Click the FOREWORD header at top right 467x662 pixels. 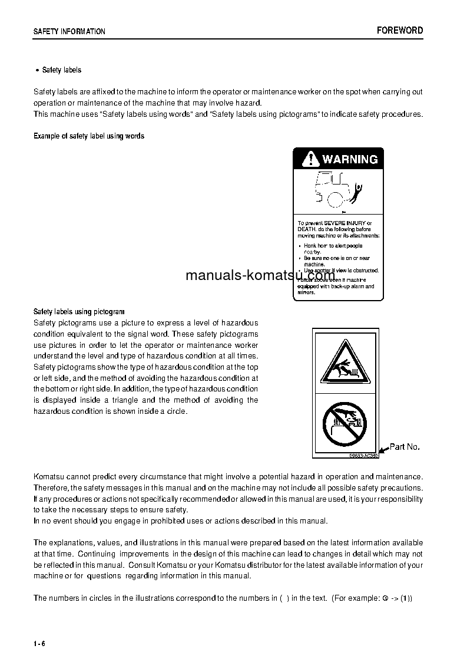400,31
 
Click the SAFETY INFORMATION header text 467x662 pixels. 69,32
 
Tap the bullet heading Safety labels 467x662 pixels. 61,70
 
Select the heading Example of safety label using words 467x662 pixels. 89,136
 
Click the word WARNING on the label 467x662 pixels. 350,159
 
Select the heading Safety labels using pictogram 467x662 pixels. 79,311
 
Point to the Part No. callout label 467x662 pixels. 405,447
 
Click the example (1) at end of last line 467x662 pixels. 406,598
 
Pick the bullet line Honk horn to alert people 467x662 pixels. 333,246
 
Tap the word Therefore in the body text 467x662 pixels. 51,488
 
